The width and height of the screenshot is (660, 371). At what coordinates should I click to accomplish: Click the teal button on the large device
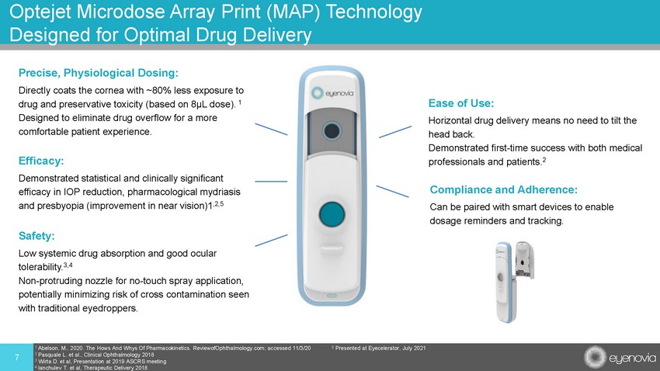[x=332, y=214]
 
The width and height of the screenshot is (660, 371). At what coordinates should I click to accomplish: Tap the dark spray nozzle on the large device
[x=332, y=131]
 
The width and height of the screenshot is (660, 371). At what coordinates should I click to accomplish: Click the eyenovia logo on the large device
[x=332, y=93]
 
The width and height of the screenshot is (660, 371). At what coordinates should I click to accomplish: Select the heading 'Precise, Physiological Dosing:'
[x=99, y=73]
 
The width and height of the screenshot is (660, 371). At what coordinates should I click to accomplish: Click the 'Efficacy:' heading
[x=41, y=161]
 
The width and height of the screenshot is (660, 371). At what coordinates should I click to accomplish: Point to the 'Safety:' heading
[x=36, y=236]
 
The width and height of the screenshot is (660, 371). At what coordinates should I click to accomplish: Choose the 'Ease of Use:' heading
[x=461, y=103]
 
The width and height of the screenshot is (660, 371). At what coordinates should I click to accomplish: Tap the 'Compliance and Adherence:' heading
[x=503, y=189]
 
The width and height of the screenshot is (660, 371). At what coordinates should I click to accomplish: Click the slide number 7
[x=17, y=358]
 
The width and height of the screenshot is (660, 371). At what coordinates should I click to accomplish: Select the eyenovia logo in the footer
[x=620, y=358]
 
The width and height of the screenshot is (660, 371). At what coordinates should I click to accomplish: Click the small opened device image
[x=514, y=282]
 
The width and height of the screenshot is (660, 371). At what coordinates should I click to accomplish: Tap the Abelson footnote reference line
[x=173, y=348]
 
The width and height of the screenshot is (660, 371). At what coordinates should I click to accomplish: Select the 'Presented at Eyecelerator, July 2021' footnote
[x=379, y=348]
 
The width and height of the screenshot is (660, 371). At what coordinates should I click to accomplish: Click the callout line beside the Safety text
[x=271, y=240]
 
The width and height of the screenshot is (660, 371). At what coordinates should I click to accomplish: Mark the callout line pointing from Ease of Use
[x=395, y=132]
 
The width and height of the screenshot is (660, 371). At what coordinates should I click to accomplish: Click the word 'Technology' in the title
[x=374, y=12]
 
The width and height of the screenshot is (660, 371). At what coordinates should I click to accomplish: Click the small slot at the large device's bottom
[x=332, y=296]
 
